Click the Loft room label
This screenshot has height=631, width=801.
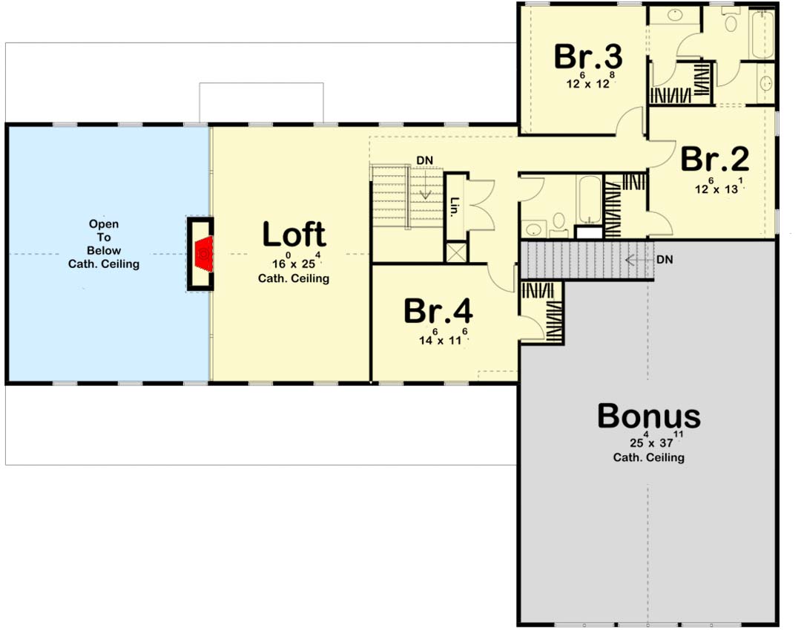coord(294,234)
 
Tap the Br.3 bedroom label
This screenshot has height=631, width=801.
coord(588,56)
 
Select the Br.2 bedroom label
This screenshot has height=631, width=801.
coord(715,159)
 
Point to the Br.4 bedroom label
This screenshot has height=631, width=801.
coord(438,310)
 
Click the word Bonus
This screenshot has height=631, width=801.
coord(649,416)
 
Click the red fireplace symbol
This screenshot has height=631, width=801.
coord(204,254)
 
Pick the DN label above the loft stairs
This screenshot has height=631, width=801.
coord(424,160)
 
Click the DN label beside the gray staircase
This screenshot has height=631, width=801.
coord(665,260)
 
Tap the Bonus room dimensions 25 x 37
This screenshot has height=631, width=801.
coord(656,441)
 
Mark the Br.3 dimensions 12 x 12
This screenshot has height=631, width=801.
coord(590,82)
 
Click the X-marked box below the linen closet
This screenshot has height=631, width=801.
coord(456,252)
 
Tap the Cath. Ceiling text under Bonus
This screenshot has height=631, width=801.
coord(649,457)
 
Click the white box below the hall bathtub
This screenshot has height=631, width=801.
coord(589,232)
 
